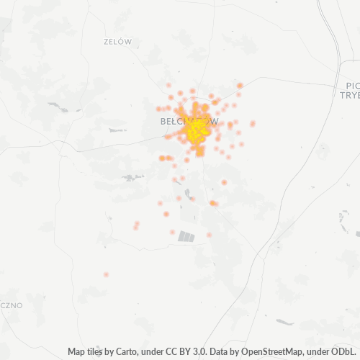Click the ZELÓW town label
click(x=117, y=42)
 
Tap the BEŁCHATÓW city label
click(x=189, y=122)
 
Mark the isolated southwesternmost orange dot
click(x=106, y=274)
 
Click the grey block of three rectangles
click(x=186, y=235)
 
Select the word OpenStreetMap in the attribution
click(x=264, y=352)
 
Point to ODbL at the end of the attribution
click(x=344, y=352)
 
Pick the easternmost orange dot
click(x=253, y=123)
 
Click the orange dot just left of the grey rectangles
click(x=173, y=232)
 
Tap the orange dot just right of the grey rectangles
click(x=209, y=235)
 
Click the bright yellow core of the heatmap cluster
click(x=196, y=130)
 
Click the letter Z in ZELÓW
click(x=106, y=42)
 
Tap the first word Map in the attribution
click(x=77, y=352)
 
